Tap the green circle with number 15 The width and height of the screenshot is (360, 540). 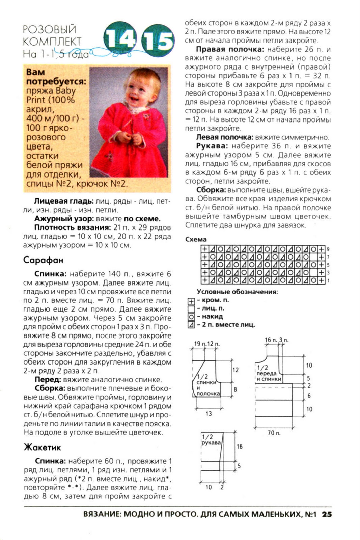click(158, 41)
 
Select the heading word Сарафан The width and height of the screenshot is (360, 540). click(43, 260)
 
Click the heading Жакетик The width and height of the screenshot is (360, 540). click(42, 448)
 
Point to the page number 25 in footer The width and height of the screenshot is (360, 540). click(327, 514)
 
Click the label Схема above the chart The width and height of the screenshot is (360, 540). click(196, 239)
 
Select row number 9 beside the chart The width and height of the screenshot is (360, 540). click(328, 249)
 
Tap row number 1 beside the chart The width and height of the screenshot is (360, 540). click(328, 280)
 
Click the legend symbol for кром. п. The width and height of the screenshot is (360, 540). click(191, 301)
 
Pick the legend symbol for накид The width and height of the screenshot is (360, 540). click(191, 317)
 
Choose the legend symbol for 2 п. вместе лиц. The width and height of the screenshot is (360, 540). click(191, 325)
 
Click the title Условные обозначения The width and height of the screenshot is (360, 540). click(237, 292)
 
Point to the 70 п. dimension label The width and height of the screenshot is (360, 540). click(274, 433)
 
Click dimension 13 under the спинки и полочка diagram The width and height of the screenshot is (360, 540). click(209, 413)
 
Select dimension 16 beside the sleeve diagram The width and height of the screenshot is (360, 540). click(240, 447)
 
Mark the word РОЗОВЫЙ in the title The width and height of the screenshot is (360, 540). click(50, 30)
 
